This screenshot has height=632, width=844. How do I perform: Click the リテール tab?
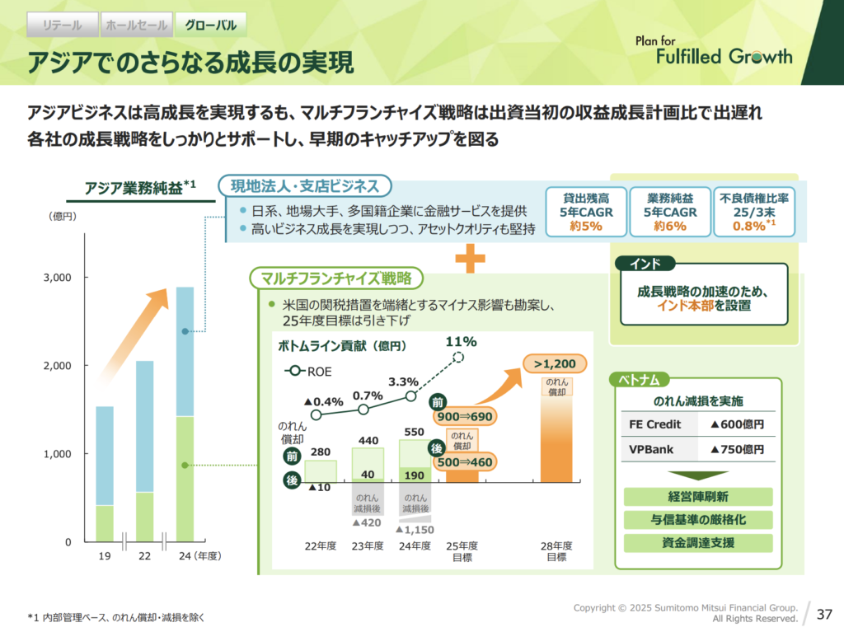pyautogui.click(x=62, y=25)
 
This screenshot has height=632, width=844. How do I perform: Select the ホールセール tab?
pyautogui.click(x=136, y=25)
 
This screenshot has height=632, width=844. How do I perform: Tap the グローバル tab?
pyautogui.click(x=211, y=25)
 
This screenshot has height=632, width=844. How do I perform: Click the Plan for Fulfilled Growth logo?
pyautogui.click(x=713, y=51)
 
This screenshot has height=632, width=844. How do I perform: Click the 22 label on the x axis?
pyautogui.click(x=144, y=556)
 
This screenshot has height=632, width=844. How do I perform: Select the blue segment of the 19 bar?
pyautogui.click(x=105, y=455)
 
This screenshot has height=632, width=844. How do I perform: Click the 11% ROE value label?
pyautogui.click(x=461, y=341)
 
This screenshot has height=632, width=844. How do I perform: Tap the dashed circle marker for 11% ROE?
pyautogui.click(x=459, y=358)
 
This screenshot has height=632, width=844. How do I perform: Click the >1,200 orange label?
pyautogui.click(x=554, y=363)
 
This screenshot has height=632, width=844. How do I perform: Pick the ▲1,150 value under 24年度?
pyautogui.click(x=415, y=530)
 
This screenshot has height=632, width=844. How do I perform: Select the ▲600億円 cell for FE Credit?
pyautogui.click(x=737, y=425)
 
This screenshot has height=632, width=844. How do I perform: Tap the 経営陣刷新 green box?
pyautogui.click(x=698, y=497)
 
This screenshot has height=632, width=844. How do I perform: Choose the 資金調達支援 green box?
pyautogui.click(x=698, y=543)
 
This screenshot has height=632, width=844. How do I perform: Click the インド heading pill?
pyautogui.click(x=645, y=265)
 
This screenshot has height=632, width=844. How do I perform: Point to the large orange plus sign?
pyautogui.click(x=471, y=259)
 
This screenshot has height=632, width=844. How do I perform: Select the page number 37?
pyautogui.click(x=824, y=614)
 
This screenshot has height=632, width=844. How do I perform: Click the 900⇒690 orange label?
pyautogui.click(x=465, y=416)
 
